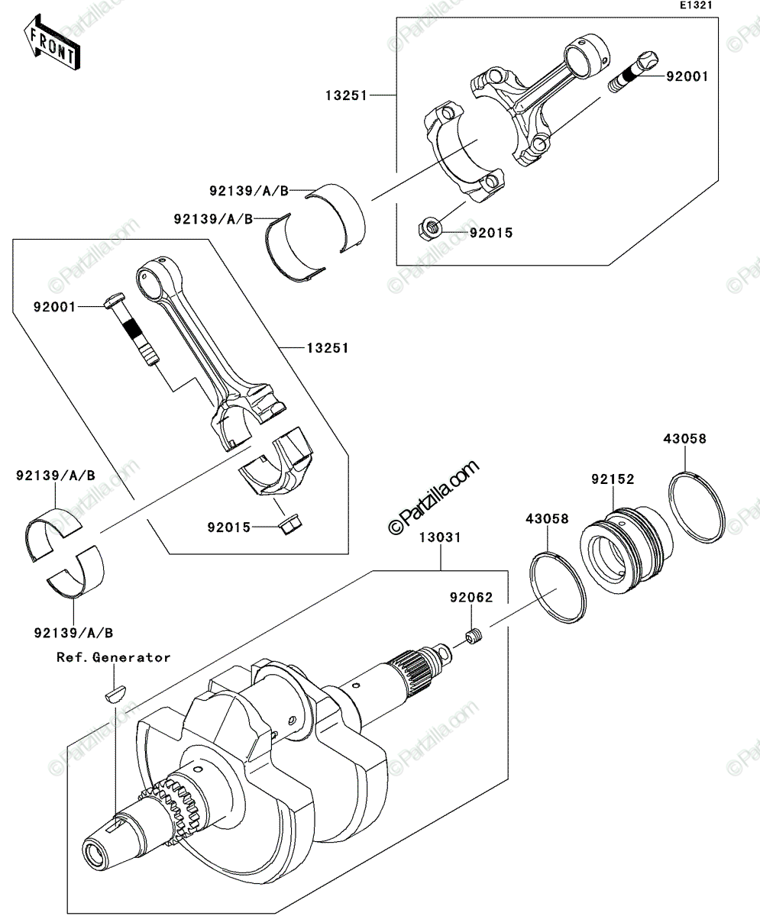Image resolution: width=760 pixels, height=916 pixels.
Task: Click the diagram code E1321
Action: (696, 5)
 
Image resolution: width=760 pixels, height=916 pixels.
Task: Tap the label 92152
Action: (613, 479)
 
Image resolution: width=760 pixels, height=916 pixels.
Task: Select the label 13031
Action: (440, 537)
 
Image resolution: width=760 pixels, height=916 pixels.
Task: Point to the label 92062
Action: (471, 598)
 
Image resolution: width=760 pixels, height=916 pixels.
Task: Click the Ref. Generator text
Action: (113, 657)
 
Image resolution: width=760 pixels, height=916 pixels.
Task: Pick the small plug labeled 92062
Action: (474, 637)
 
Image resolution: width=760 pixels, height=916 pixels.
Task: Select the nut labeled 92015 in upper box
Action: (429, 227)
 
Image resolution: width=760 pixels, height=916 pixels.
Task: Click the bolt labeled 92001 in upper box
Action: (633, 71)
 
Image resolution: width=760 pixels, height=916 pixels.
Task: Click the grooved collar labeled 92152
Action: (626, 550)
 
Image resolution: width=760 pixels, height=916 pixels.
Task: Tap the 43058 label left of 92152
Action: (547, 519)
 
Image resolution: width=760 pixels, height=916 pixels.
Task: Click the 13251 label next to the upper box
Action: (346, 95)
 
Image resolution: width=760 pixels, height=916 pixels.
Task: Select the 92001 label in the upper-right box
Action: (687, 77)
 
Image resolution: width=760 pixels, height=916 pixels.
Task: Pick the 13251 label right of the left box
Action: (328, 348)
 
